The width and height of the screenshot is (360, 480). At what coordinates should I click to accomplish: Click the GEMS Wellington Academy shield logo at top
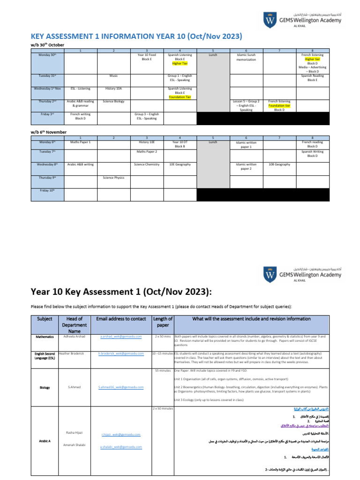point(270,21)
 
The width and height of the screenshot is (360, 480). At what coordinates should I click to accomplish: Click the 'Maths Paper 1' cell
point(81,142)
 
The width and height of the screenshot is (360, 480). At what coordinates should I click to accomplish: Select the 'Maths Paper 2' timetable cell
point(147,152)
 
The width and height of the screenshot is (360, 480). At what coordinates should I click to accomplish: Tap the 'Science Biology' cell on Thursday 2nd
point(113,101)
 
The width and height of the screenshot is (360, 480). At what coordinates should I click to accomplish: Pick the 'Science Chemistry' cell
point(147,165)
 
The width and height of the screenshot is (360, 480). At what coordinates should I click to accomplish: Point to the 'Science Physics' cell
point(113,178)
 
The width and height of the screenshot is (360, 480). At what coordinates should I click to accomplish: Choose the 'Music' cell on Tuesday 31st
point(113,75)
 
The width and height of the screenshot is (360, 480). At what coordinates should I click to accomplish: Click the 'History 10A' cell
point(113,88)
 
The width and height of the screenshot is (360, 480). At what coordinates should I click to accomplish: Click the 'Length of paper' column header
point(163,322)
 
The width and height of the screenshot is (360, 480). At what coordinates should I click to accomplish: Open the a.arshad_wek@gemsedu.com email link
point(121,337)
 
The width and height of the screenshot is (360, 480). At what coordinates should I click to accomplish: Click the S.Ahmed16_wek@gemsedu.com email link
point(121,387)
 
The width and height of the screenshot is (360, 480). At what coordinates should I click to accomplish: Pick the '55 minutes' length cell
point(163,370)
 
